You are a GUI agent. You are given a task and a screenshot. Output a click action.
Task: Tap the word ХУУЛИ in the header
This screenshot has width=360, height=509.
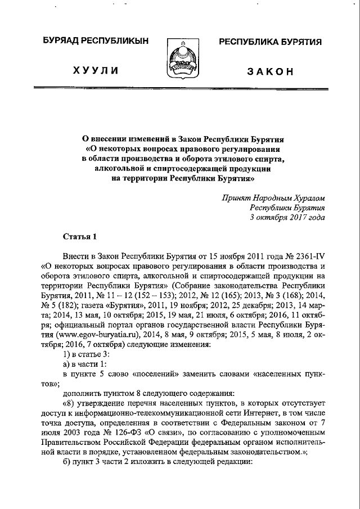pos(93,71)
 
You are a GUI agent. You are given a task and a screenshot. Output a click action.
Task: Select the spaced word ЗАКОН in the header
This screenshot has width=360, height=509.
pos(271,71)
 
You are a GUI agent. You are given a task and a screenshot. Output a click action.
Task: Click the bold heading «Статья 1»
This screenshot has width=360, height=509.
pos(76,236)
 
